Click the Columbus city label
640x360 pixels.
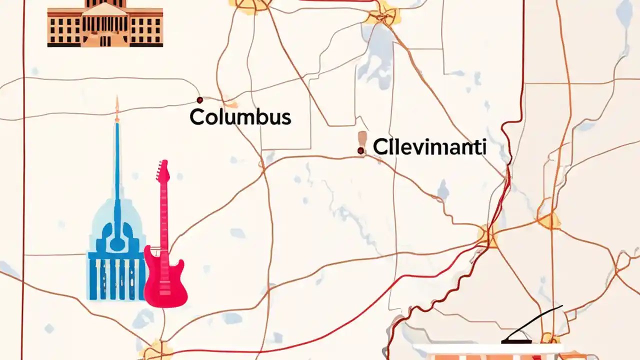click(240, 117)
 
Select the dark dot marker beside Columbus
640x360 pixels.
click(199, 100)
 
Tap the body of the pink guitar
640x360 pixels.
click(165, 280)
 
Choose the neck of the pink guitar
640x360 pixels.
click(163, 215)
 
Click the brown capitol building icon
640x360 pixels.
click(105, 25)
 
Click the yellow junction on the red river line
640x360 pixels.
click(487, 235)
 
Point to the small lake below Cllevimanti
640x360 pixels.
click(443, 190)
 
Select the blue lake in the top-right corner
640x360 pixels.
click(624, 15)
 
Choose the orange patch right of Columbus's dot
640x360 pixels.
click(230, 103)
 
